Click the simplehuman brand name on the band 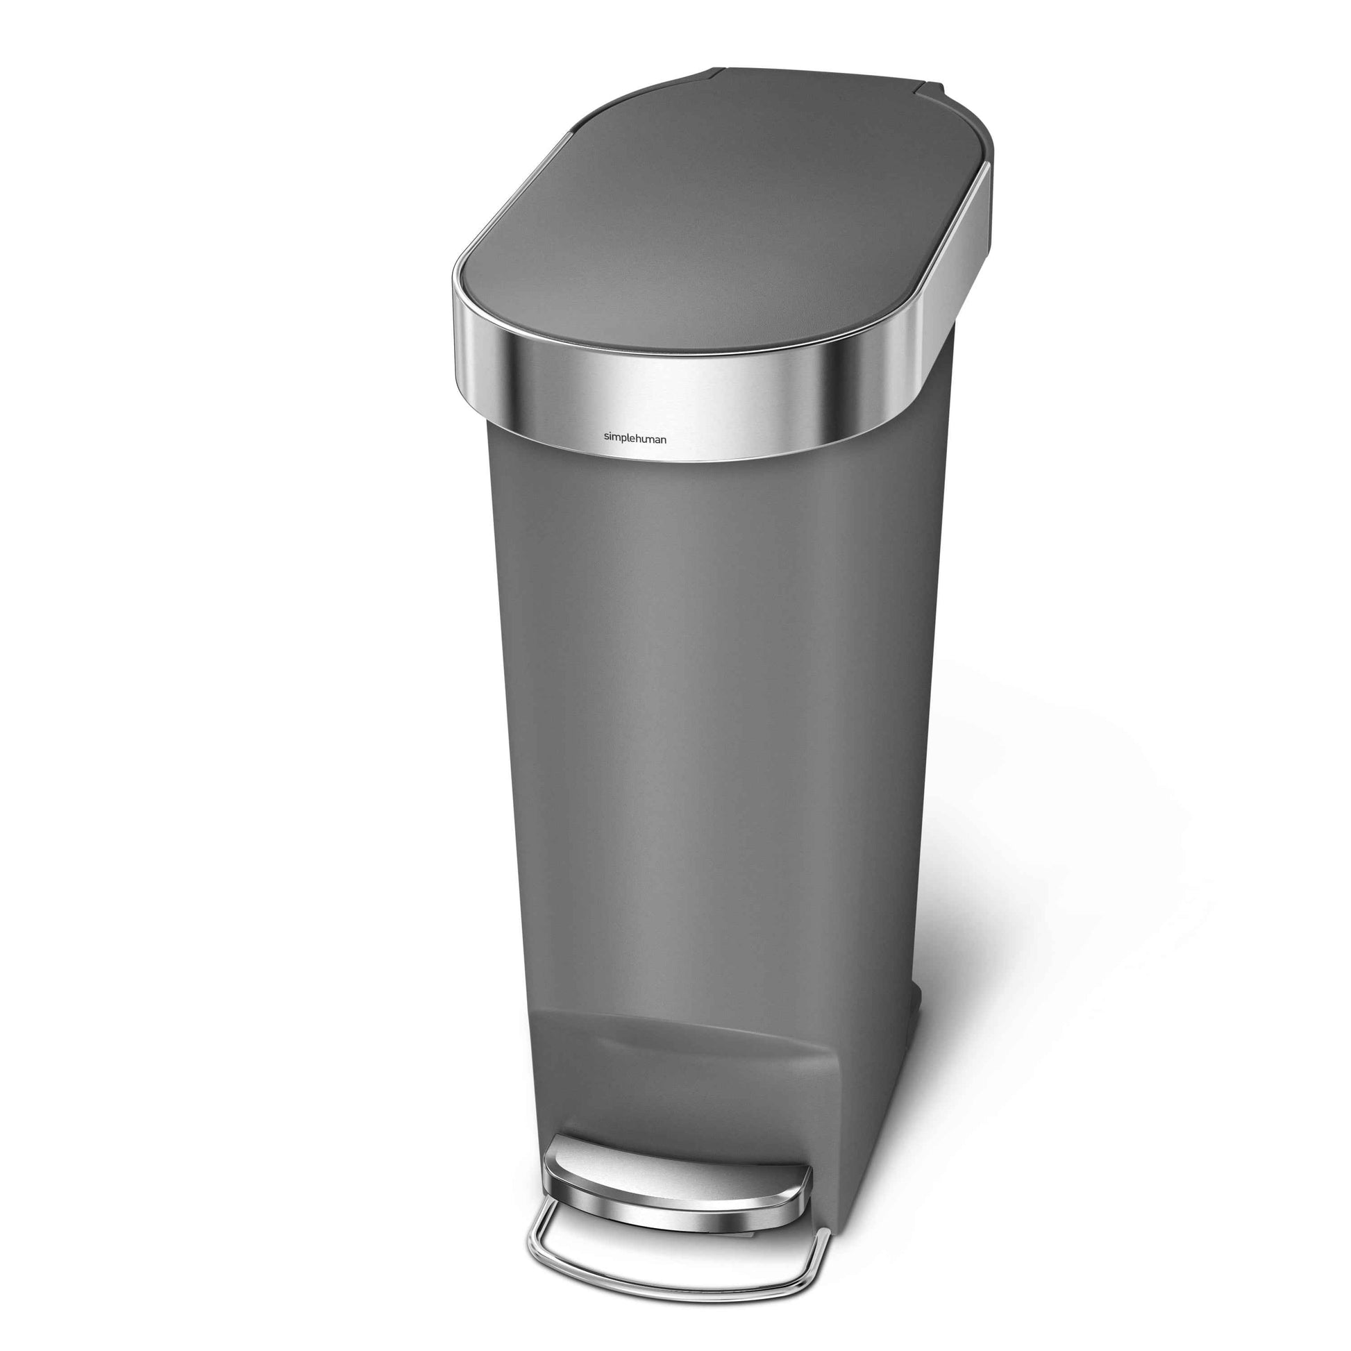[x=635, y=439]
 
